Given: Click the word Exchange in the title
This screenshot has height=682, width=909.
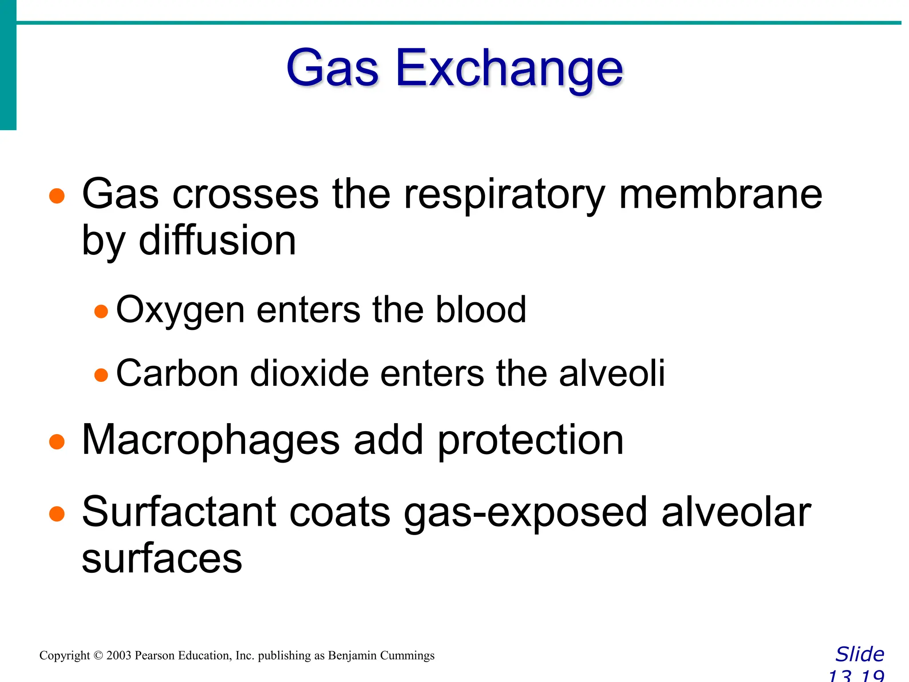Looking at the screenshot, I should (x=509, y=69).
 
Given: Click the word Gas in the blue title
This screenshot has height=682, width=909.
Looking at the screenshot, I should (x=332, y=69).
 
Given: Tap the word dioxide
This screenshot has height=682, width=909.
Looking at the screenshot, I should (x=309, y=373).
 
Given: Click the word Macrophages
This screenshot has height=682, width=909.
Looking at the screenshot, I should (x=211, y=441).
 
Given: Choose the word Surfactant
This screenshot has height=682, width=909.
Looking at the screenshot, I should (x=179, y=512).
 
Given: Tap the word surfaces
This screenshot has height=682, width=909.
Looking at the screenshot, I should (x=162, y=559).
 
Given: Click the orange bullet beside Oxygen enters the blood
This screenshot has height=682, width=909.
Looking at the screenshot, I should (x=101, y=311).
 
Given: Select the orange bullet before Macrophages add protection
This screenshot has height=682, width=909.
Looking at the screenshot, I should (x=57, y=442).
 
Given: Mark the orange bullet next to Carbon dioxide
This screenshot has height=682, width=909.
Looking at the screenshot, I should (x=101, y=375).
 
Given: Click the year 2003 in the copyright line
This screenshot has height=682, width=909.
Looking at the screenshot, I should (x=119, y=655).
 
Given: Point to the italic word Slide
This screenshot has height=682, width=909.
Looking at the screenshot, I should (x=860, y=654).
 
